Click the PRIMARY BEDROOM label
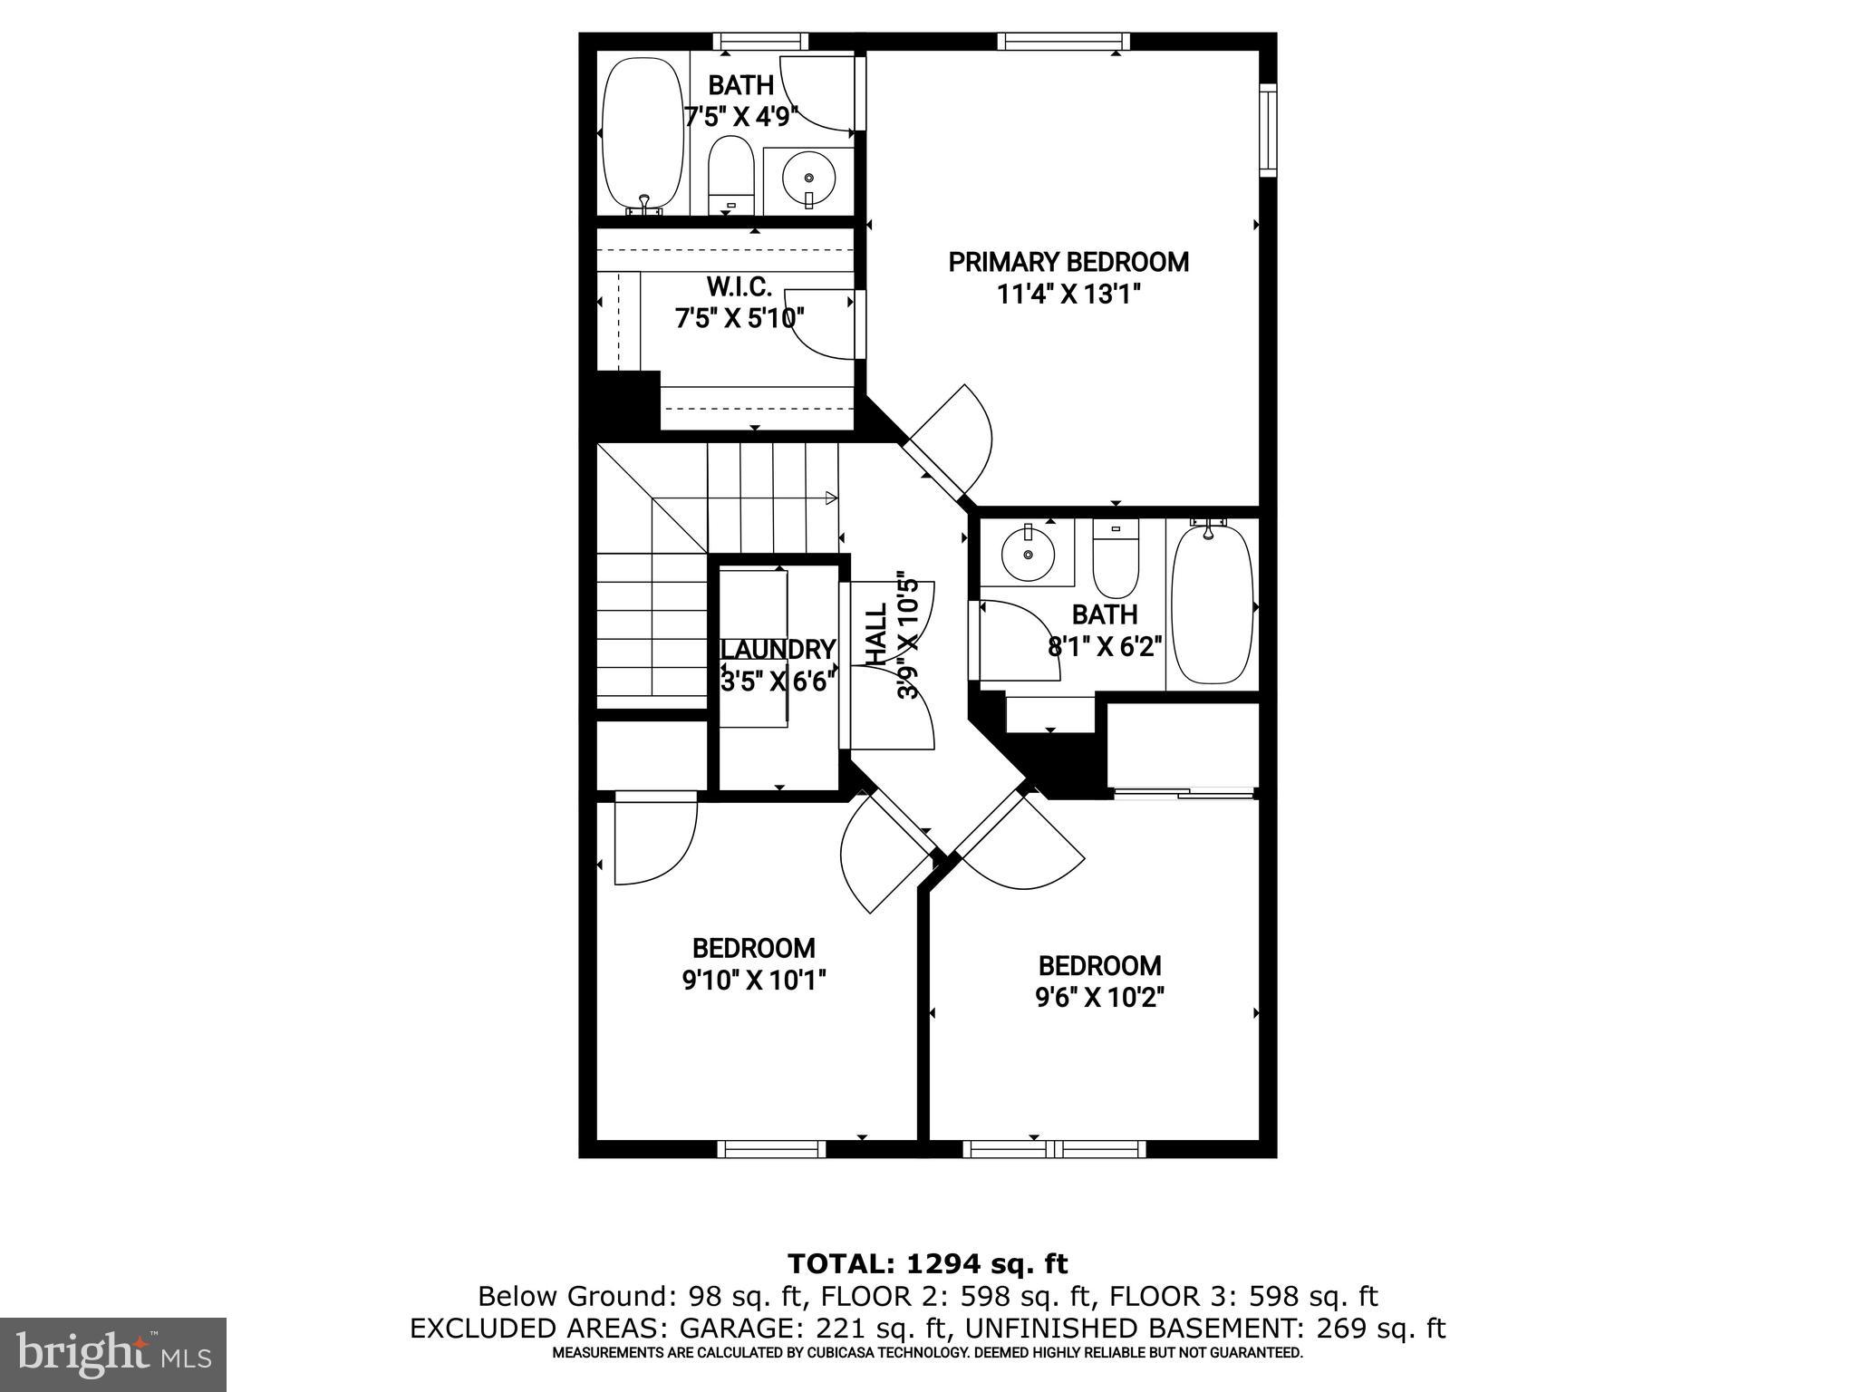pyautogui.click(x=1068, y=263)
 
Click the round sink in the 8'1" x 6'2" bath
pyautogui.click(x=1029, y=552)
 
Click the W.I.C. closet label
pyautogui.click(x=739, y=287)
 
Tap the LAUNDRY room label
pyautogui.click(x=778, y=650)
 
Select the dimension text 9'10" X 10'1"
pyautogui.click(x=754, y=981)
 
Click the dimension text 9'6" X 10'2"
pyautogui.click(x=1099, y=998)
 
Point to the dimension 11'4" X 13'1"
pyautogui.click(x=1068, y=295)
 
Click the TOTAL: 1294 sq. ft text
pyautogui.click(x=927, y=1263)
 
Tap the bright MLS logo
pyautogui.click(x=112, y=1354)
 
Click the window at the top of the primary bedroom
pyautogui.click(x=1064, y=42)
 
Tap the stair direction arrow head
pyautogui.click(x=832, y=497)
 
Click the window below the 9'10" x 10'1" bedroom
pyautogui.click(x=771, y=1149)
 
